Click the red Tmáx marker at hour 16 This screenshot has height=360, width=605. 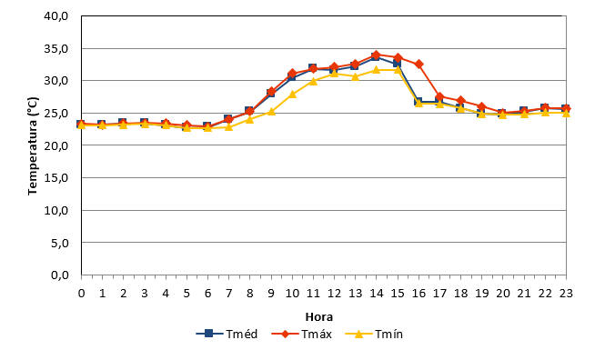pos(418,64)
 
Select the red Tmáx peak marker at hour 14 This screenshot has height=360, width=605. pos(377,55)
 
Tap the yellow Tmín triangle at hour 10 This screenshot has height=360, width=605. pos(292,94)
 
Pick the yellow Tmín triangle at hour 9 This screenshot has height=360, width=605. pos(271,112)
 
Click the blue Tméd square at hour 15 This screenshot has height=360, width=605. pos(398,63)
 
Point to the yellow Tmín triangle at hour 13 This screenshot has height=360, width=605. pos(355,76)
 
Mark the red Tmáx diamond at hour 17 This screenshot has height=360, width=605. pos(439,96)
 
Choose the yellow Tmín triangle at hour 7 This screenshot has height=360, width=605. pos(228,126)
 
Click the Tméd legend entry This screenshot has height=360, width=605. pos(227,334)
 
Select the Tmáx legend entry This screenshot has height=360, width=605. pos(302,334)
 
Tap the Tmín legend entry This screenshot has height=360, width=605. pos(374,334)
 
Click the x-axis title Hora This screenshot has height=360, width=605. pos(319,317)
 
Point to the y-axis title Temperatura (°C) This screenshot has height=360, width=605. pos(33,146)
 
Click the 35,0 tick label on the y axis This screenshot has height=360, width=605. pos(56,48)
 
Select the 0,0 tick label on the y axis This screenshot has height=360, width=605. pos(59,275)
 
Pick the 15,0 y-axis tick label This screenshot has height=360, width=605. pos(56,177)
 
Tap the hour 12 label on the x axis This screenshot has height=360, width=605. pos(334,294)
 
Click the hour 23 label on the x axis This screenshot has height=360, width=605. pos(566,294)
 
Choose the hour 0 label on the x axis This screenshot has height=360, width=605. pos(81,294)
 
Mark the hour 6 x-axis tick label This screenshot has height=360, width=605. pos(208,294)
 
